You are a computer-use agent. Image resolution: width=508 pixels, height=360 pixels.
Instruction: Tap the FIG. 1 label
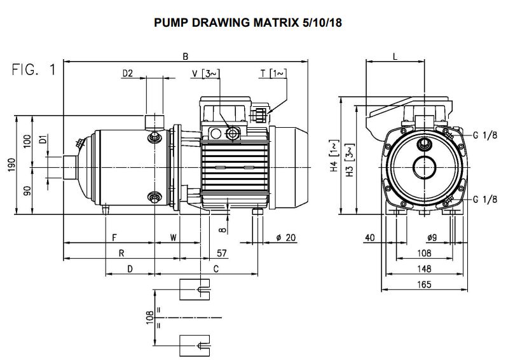point(34,71)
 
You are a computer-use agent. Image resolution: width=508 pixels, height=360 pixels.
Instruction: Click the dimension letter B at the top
point(185,57)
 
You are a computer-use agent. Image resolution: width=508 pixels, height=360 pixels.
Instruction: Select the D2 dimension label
point(127,74)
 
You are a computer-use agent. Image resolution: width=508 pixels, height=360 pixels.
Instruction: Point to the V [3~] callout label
point(205,74)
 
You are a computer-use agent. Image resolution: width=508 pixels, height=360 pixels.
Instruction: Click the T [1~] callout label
point(274,74)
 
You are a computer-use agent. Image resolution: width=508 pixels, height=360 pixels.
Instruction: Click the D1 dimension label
point(43,141)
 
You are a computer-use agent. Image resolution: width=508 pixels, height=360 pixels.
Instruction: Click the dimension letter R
point(121,253)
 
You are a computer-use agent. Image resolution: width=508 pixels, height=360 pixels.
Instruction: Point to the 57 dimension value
point(221,253)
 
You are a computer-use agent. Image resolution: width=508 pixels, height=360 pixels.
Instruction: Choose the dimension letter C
point(216,269)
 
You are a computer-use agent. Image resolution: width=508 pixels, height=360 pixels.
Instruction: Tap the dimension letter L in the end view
point(395,57)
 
